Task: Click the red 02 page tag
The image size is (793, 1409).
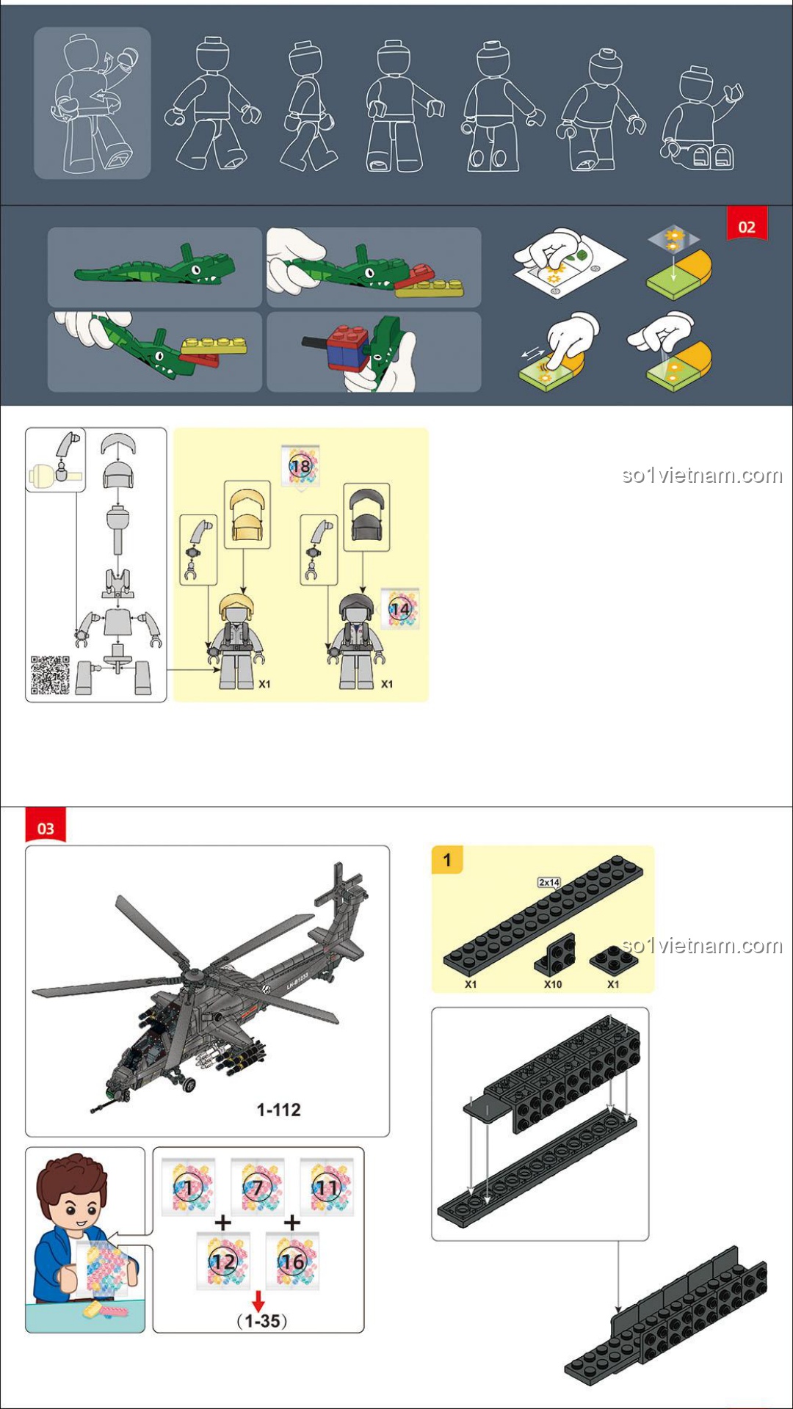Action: [x=747, y=224]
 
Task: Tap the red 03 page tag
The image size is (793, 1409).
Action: [x=46, y=825]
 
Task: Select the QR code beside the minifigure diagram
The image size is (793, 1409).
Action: [x=50, y=675]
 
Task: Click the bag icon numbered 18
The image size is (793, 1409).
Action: [x=300, y=465]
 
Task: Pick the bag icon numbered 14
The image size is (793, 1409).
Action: [x=400, y=608]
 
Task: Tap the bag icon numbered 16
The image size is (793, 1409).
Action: [x=292, y=1261]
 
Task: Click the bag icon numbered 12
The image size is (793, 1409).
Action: [x=223, y=1261]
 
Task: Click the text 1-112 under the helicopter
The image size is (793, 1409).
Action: [x=278, y=1110]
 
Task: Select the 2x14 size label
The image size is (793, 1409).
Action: [x=549, y=882]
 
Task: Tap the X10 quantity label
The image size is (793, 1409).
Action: [x=553, y=984]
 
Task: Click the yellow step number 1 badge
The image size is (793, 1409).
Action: [x=447, y=859]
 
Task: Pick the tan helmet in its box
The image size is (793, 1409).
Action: [x=247, y=515]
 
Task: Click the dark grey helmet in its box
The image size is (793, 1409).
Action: [x=366, y=516]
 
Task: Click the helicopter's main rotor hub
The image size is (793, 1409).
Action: [x=193, y=976]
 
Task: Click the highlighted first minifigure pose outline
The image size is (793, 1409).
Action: [x=93, y=103]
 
